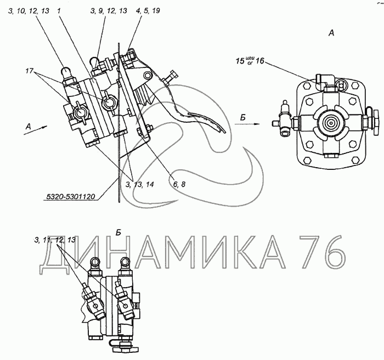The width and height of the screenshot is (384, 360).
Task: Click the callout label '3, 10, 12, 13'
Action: pos(29,11)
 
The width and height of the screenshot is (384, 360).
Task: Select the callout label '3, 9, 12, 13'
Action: pos(109,11)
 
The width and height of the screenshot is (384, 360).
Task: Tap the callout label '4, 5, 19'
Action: pos(146,11)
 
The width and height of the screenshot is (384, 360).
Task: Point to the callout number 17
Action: pos(29,71)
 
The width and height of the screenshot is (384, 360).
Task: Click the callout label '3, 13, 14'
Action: pos(139,184)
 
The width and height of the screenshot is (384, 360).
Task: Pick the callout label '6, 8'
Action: pos(179,184)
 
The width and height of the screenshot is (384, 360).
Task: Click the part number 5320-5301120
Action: pos(71,196)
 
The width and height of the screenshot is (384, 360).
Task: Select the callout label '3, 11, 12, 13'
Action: pos(55,240)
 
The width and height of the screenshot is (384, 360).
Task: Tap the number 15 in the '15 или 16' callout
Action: pos(240,61)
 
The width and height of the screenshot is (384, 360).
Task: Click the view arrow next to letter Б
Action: pos(247,124)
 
